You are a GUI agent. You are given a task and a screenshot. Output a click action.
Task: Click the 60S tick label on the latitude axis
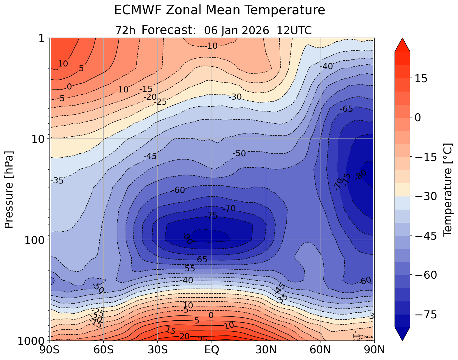(x=103, y=350)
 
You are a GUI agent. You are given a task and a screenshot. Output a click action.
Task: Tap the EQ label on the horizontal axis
(x=212, y=350)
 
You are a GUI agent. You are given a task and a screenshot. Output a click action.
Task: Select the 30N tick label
(x=266, y=350)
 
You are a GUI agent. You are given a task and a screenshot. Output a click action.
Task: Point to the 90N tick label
(x=374, y=350)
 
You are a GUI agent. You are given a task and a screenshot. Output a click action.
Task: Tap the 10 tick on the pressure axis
(x=40, y=139)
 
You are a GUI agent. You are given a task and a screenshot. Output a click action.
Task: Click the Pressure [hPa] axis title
(x=9, y=189)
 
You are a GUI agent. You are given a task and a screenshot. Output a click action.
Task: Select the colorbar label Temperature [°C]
(x=447, y=189)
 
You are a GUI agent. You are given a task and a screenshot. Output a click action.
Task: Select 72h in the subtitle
(x=125, y=30)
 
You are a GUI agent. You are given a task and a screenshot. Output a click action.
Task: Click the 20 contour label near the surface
(x=184, y=336)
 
